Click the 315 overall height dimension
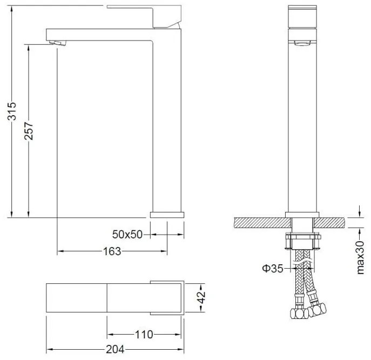(x=11, y=111)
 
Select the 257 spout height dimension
(x=29, y=131)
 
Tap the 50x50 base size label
(x=127, y=235)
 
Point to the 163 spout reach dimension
(x=112, y=251)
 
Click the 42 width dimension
(x=201, y=297)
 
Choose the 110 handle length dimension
(x=144, y=335)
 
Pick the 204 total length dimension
(x=115, y=349)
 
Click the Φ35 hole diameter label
(x=273, y=268)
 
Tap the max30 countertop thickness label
(x=360, y=258)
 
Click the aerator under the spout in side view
(x=57, y=43)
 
